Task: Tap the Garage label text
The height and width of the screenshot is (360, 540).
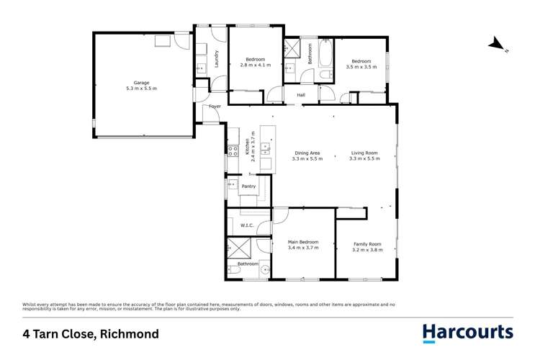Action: click(141, 83)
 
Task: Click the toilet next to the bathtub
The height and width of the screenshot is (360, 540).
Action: click(325, 73)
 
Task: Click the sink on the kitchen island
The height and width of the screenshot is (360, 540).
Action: click(266, 149)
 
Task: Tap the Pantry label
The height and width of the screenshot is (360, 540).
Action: click(248, 186)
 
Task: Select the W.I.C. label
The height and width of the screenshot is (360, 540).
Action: click(246, 225)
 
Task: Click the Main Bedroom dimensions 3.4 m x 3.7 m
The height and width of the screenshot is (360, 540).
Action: click(302, 248)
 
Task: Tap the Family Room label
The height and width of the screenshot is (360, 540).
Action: click(367, 244)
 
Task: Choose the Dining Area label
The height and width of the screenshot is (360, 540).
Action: click(307, 153)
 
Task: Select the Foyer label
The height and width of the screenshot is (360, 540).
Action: click(215, 107)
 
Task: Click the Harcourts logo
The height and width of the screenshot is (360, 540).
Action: click(467, 333)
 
